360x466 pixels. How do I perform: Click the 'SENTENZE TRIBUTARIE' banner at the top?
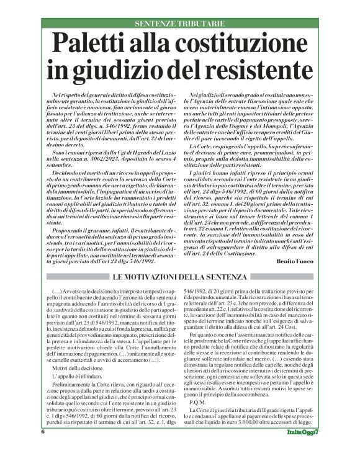(x=179, y=24)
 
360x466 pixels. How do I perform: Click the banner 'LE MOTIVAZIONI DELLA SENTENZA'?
(x=179, y=259)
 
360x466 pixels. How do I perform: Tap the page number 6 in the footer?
(x=43, y=447)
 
